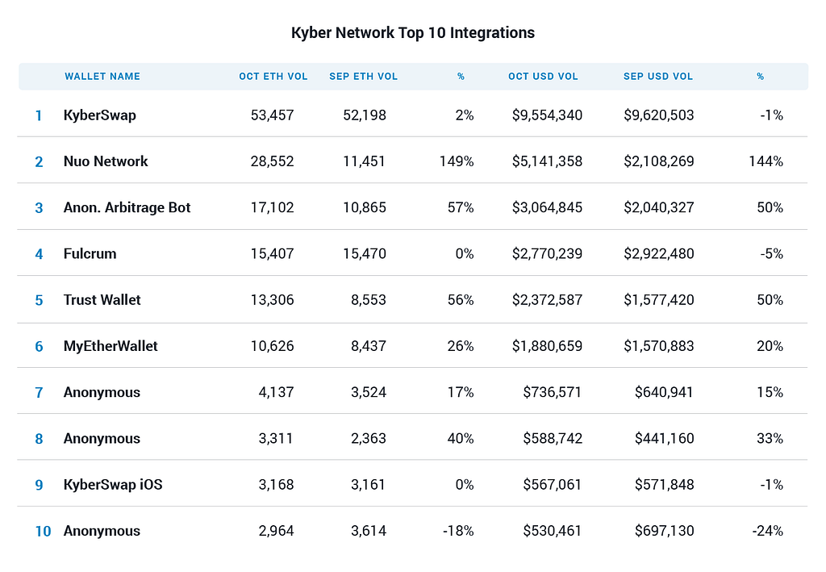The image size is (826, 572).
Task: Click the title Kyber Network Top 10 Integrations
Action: pos(413,32)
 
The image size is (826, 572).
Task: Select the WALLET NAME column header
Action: pos(102,77)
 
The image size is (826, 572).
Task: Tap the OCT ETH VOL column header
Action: pos(273,77)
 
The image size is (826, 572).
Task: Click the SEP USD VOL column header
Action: pos(658,77)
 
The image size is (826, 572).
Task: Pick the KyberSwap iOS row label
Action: pos(113,485)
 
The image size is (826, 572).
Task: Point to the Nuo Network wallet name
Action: pos(106,161)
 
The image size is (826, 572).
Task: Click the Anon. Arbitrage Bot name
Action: pos(127,207)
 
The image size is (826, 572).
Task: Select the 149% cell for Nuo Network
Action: pos(457,161)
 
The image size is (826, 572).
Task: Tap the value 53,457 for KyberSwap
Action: pos(272,115)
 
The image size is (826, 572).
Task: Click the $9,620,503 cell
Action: pos(658,115)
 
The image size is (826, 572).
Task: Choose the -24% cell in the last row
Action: pos(768,531)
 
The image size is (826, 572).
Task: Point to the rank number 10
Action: pos(44,531)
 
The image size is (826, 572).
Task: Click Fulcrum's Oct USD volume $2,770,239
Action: pos(547,254)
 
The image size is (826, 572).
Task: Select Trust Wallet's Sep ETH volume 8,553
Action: pos(368,300)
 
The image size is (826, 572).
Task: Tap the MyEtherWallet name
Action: pos(111,346)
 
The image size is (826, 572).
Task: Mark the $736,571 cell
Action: pos(552,392)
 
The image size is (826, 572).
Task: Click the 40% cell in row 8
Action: pos(461,439)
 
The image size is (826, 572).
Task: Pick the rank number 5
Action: pos(39,300)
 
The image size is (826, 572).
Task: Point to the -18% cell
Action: pos(458,531)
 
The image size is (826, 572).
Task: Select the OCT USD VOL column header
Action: pos(543,77)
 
